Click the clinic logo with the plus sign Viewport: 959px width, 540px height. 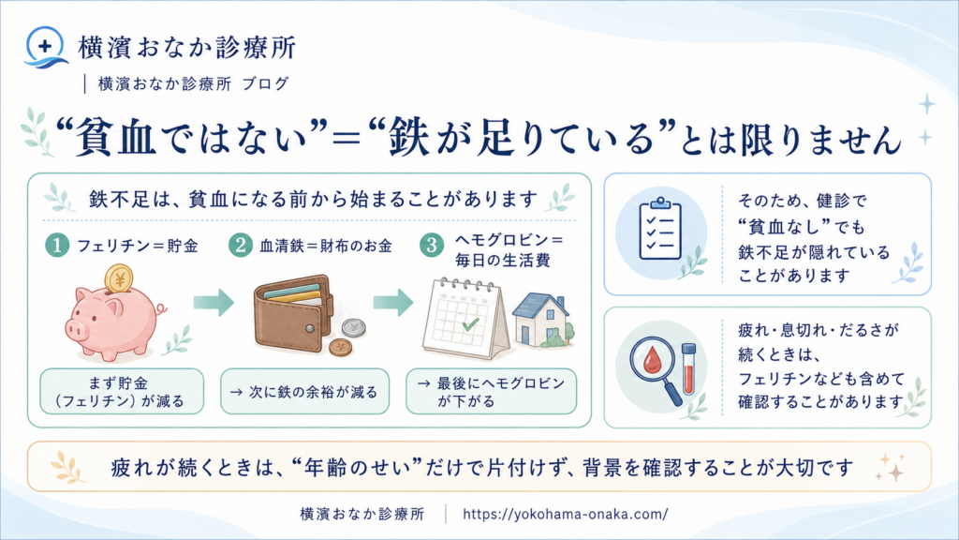pos(45,47)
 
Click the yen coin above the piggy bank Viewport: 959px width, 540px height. pos(119,279)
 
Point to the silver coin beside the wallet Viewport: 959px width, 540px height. pos(353,328)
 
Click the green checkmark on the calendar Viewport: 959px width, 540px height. pos(470,323)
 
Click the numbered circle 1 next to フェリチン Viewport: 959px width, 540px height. pos(57,246)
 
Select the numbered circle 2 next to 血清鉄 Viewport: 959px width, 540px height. pos(241,246)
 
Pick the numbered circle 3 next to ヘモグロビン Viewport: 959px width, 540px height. pos(431,246)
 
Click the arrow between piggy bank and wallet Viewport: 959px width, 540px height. pos(214,301)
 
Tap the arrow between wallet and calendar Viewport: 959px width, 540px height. pos(393,301)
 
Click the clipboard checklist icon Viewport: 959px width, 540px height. pos(660,229)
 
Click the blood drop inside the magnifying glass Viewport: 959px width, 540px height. pos(653,360)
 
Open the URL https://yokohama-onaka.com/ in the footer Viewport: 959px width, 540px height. pos(565,514)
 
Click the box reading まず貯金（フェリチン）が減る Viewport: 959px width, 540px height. pos(122,391)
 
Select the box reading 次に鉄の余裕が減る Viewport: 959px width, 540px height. pos(304,391)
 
